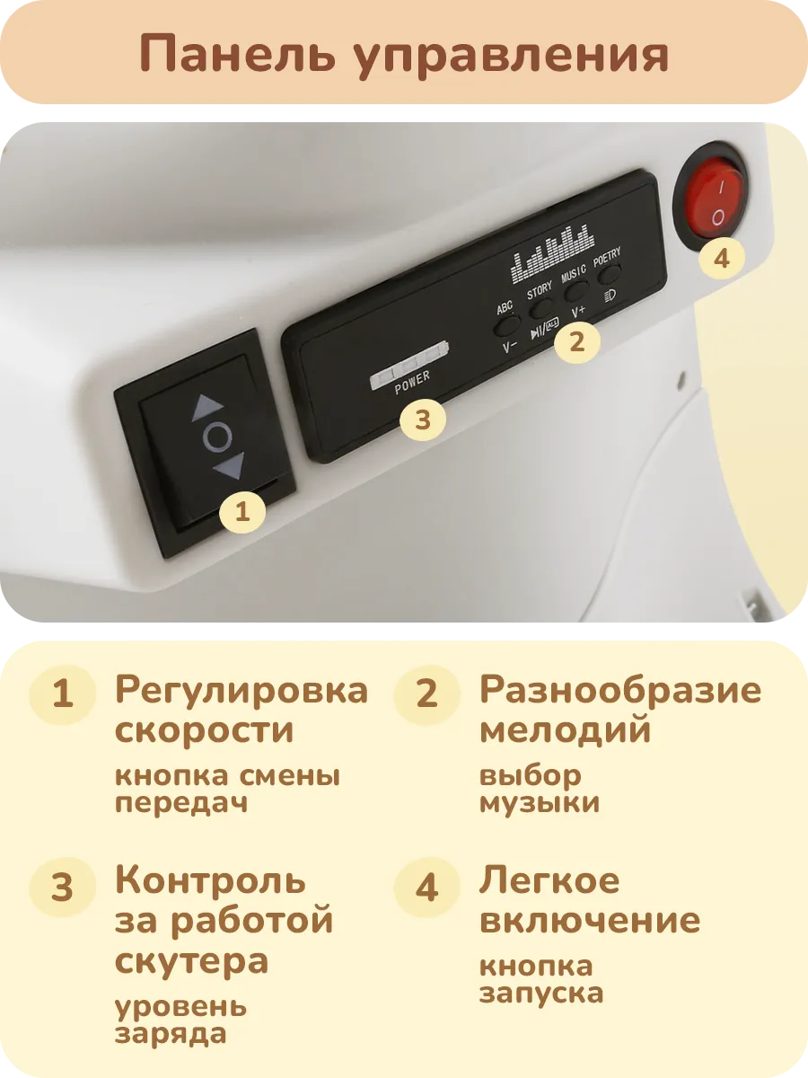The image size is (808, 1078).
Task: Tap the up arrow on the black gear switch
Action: pyautogui.click(x=208, y=407)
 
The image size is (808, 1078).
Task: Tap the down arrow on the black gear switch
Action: pyautogui.click(x=230, y=465)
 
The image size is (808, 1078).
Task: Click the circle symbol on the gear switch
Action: pyautogui.click(x=218, y=437)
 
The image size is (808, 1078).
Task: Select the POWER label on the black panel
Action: pyautogui.click(x=412, y=383)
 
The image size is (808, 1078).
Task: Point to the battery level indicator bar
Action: pyautogui.click(x=409, y=364)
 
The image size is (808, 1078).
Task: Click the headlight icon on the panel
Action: pyautogui.click(x=610, y=296)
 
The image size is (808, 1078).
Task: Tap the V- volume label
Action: pyautogui.click(x=510, y=348)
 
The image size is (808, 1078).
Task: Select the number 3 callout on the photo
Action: pyautogui.click(x=422, y=420)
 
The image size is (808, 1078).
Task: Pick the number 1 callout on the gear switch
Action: pyautogui.click(x=242, y=512)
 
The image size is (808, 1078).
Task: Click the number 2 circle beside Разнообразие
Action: pyautogui.click(x=426, y=694)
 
